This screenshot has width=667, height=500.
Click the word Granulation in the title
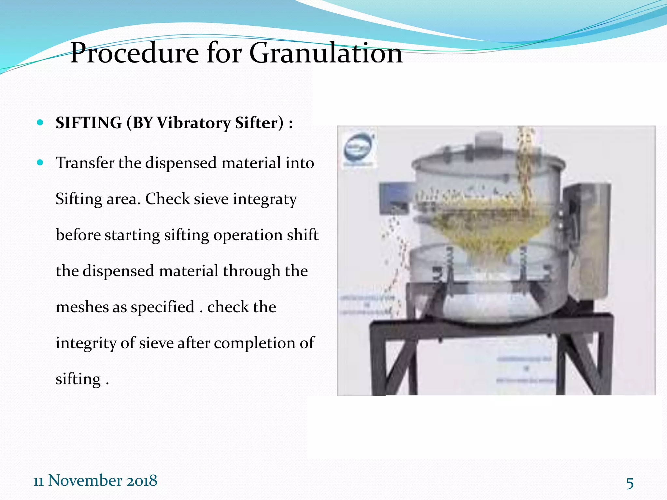326,53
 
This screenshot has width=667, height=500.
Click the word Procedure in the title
135,53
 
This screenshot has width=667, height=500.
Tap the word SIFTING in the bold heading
89,123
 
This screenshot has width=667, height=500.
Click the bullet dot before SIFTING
40,123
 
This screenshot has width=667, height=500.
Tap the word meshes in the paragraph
82,307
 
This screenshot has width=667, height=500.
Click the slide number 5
630,483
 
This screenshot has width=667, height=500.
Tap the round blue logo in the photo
358,148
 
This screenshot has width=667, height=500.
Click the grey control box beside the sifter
586,241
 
